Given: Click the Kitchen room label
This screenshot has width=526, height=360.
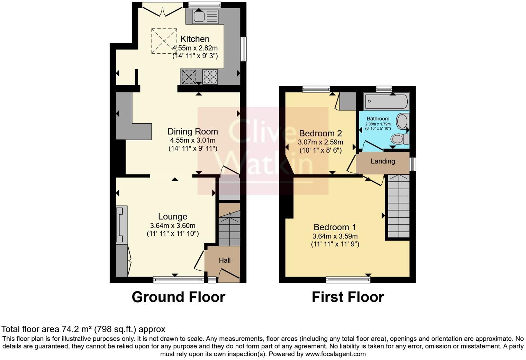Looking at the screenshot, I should point(195,39).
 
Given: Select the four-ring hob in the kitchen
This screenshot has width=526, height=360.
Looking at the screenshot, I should point(210,77).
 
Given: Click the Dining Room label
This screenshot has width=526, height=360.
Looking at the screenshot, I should point(192,132).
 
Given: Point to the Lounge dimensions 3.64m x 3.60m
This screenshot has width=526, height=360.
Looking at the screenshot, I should point(172,226).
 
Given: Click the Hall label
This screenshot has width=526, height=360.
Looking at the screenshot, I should point(225,260).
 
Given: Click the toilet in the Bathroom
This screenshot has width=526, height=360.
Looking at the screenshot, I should point(399,139).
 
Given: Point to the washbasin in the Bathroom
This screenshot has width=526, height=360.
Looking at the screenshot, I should point(402,121).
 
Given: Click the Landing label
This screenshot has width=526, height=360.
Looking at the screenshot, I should point(383,161).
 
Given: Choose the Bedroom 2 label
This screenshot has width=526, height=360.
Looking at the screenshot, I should point(320,133).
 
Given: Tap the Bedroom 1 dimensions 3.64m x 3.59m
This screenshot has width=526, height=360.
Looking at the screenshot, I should point(335,236).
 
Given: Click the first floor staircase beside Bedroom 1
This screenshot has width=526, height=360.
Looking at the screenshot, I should point(398,206).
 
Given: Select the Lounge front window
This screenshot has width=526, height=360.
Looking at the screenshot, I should point(178,279).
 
